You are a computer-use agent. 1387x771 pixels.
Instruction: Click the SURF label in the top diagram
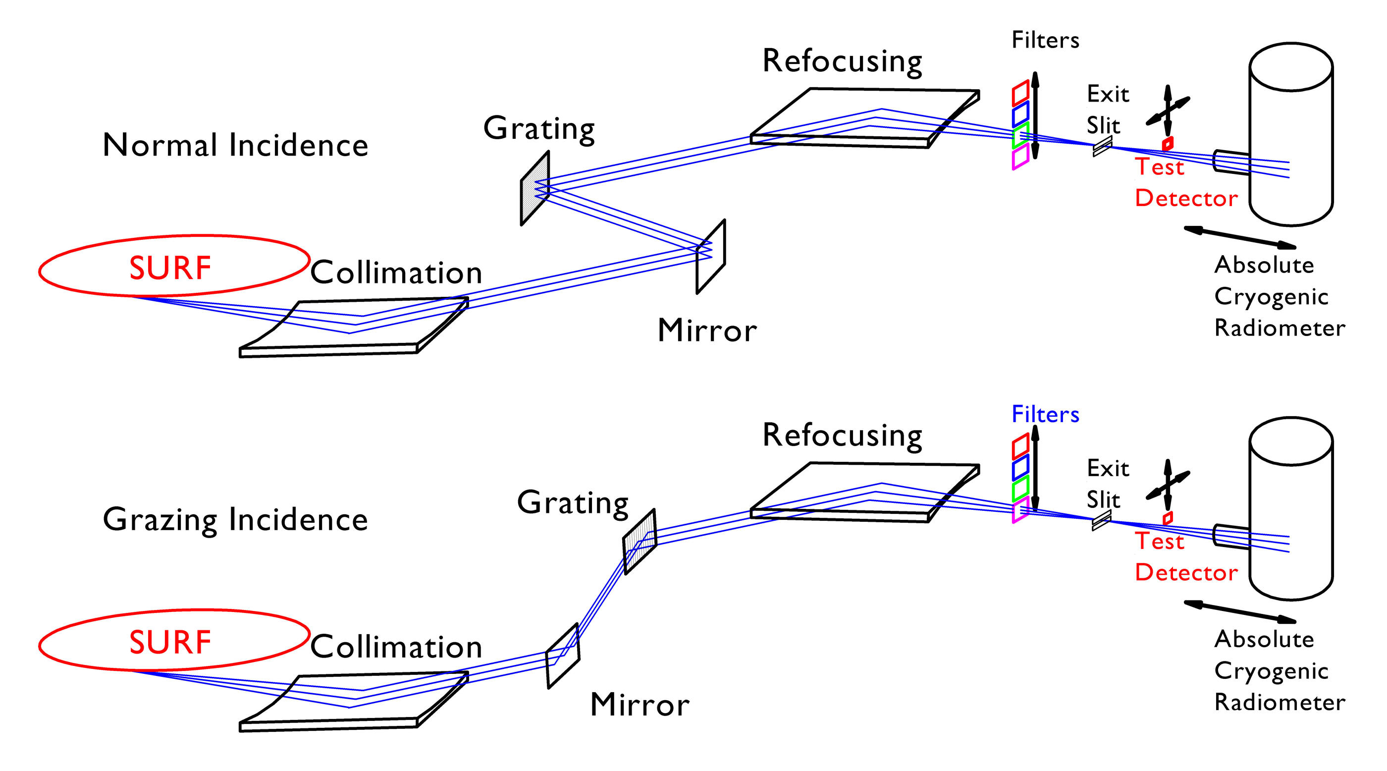click(x=169, y=268)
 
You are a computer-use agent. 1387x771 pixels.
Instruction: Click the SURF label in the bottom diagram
click(x=169, y=642)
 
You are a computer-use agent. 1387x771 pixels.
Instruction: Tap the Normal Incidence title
click(x=235, y=145)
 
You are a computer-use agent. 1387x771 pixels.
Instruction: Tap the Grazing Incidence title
click(x=235, y=520)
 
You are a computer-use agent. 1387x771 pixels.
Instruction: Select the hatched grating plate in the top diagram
click(x=534, y=188)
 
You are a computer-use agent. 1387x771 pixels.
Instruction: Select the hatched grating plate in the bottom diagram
click(x=640, y=541)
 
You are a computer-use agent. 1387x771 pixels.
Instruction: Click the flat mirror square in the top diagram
click(x=711, y=257)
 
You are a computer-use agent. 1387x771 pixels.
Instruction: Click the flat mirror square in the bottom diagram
click(x=563, y=656)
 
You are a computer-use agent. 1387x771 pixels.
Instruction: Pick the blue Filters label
click(x=1045, y=415)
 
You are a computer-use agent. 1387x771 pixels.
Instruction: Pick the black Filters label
click(x=1045, y=40)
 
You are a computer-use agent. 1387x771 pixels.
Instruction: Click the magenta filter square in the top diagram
click(x=1020, y=157)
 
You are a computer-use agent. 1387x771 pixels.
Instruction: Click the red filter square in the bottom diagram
click(x=1020, y=446)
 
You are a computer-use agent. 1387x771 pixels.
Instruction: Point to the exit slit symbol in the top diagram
click(x=1102, y=146)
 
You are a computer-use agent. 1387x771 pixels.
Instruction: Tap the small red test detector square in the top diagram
click(x=1168, y=144)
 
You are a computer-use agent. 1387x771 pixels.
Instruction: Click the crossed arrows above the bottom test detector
click(x=1168, y=485)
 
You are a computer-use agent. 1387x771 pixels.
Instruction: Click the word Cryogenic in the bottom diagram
click(x=1271, y=671)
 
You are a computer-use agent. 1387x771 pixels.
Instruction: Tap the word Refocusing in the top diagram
click(x=842, y=61)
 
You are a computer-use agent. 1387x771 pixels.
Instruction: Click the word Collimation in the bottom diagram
click(x=396, y=647)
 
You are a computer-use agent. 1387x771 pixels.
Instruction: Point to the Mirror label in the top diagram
click(x=706, y=330)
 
